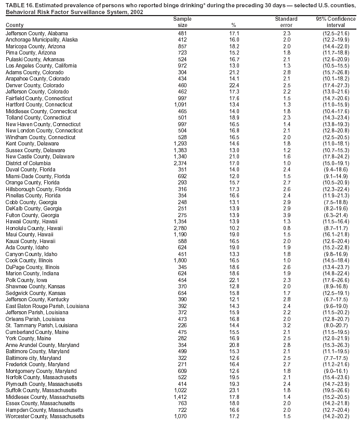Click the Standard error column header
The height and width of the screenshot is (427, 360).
click(x=286, y=22)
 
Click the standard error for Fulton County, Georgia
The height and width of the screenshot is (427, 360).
click(x=286, y=215)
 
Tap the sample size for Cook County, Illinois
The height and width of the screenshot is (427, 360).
click(x=179, y=260)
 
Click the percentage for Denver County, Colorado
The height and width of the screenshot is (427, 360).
click(x=233, y=85)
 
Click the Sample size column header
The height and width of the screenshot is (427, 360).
click(x=179, y=22)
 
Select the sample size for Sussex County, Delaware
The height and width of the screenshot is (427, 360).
click(x=179, y=150)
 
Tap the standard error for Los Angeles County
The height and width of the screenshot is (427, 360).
click(x=286, y=66)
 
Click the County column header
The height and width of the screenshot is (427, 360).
click(x=15, y=25)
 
